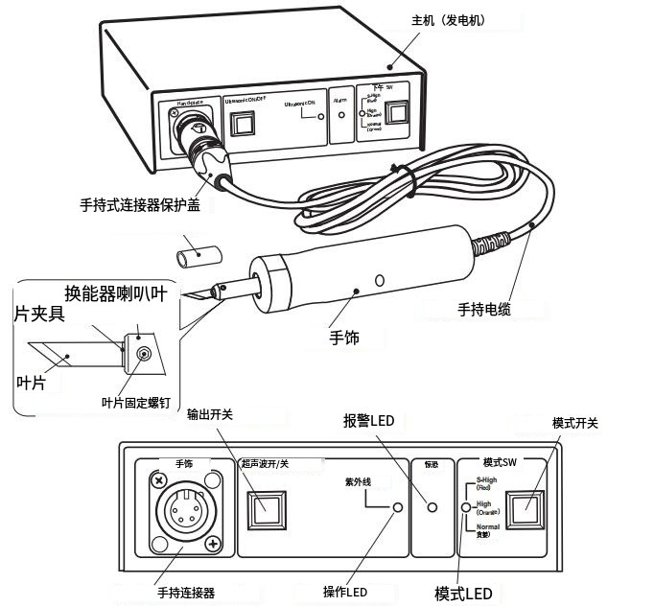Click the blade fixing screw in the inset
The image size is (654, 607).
144,355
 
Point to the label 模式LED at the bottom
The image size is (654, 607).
463,594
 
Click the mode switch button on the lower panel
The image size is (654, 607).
526,508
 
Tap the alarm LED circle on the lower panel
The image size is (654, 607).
432,507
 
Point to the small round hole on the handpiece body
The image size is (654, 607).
380,281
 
